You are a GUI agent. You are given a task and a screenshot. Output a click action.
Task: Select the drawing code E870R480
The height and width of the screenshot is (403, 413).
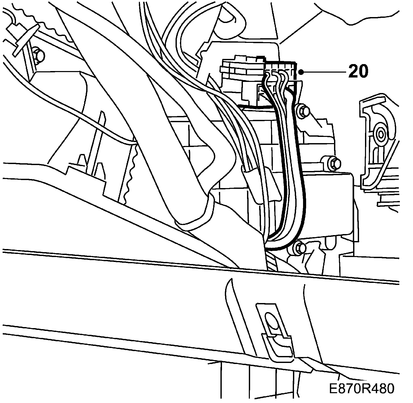coord(362,389)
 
